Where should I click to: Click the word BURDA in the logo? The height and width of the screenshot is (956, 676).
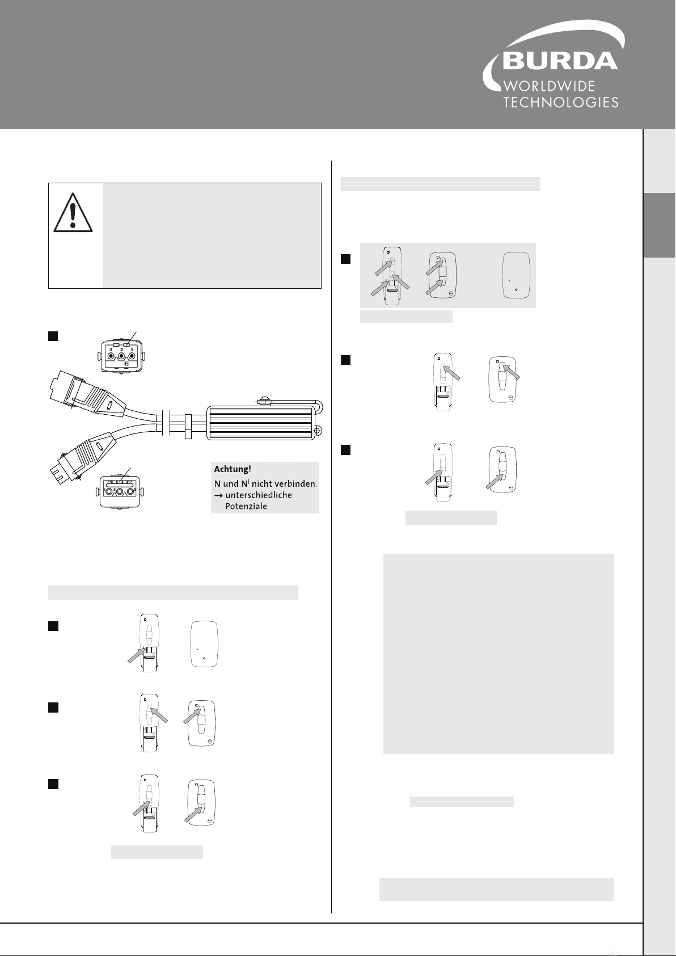tap(560, 61)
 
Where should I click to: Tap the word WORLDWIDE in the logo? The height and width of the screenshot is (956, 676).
tap(549, 86)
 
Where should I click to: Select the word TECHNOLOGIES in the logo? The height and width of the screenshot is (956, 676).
tap(561, 103)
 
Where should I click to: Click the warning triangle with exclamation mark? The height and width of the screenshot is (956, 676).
tap(73, 212)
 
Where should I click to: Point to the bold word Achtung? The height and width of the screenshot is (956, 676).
tap(233, 469)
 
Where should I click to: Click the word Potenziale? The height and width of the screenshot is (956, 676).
tap(246, 506)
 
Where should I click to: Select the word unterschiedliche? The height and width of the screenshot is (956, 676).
tap(259, 495)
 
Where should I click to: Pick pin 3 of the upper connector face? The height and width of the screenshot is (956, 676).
tap(111, 356)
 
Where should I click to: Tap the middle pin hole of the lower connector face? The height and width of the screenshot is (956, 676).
tap(120, 492)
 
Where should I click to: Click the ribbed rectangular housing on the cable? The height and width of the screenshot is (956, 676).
tap(260, 423)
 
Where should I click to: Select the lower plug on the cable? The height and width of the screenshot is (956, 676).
tap(82, 456)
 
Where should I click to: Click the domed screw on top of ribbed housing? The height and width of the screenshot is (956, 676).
tap(264, 401)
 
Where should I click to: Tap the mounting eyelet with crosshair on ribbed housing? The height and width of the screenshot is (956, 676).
tap(318, 431)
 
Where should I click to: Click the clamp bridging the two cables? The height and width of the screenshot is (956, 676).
tap(188, 426)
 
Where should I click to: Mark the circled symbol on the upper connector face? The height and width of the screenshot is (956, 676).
tap(126, 364)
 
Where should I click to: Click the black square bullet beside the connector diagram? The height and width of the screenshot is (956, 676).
tap(53, 336)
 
